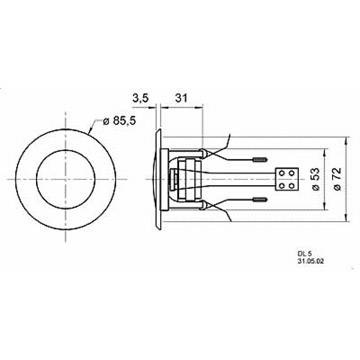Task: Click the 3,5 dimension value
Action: pos(141,98)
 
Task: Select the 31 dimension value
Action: pos(181,98)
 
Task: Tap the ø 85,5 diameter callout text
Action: pos(119,121)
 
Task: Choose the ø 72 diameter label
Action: pos(337,179)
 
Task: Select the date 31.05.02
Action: pos(311,262)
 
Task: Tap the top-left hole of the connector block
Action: pos(282,173)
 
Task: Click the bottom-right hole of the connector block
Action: pos(291,185)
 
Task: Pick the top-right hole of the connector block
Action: pos(291,173)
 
